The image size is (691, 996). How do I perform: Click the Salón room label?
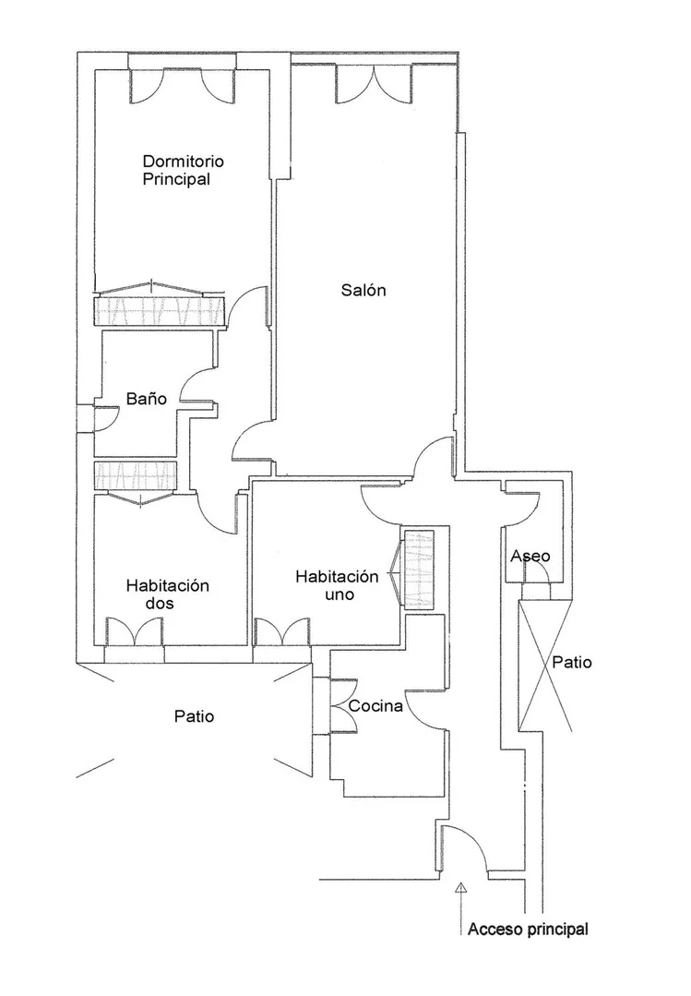coord(363,290)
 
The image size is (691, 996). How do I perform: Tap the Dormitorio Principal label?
coord(183,170)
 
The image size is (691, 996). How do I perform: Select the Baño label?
coord(146,399)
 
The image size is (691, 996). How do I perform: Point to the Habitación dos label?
coord(168,594)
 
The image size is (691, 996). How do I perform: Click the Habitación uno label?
coord(338,585)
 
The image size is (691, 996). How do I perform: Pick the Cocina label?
coord(375,706)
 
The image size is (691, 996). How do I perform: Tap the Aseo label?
coord(530,557)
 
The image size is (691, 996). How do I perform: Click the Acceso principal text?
coord(528,930)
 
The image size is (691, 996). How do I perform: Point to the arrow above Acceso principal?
coord(461,908)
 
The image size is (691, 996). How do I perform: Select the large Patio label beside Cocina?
coord(195,716)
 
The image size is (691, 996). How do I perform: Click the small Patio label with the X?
coord(572,663)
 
